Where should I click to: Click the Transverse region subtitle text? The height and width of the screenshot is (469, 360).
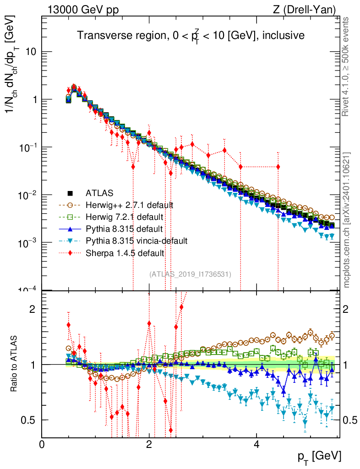click(191, 35)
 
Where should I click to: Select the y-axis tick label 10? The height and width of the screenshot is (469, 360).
click(31, 52)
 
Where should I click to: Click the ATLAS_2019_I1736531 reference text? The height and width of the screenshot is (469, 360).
click(190, 274)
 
